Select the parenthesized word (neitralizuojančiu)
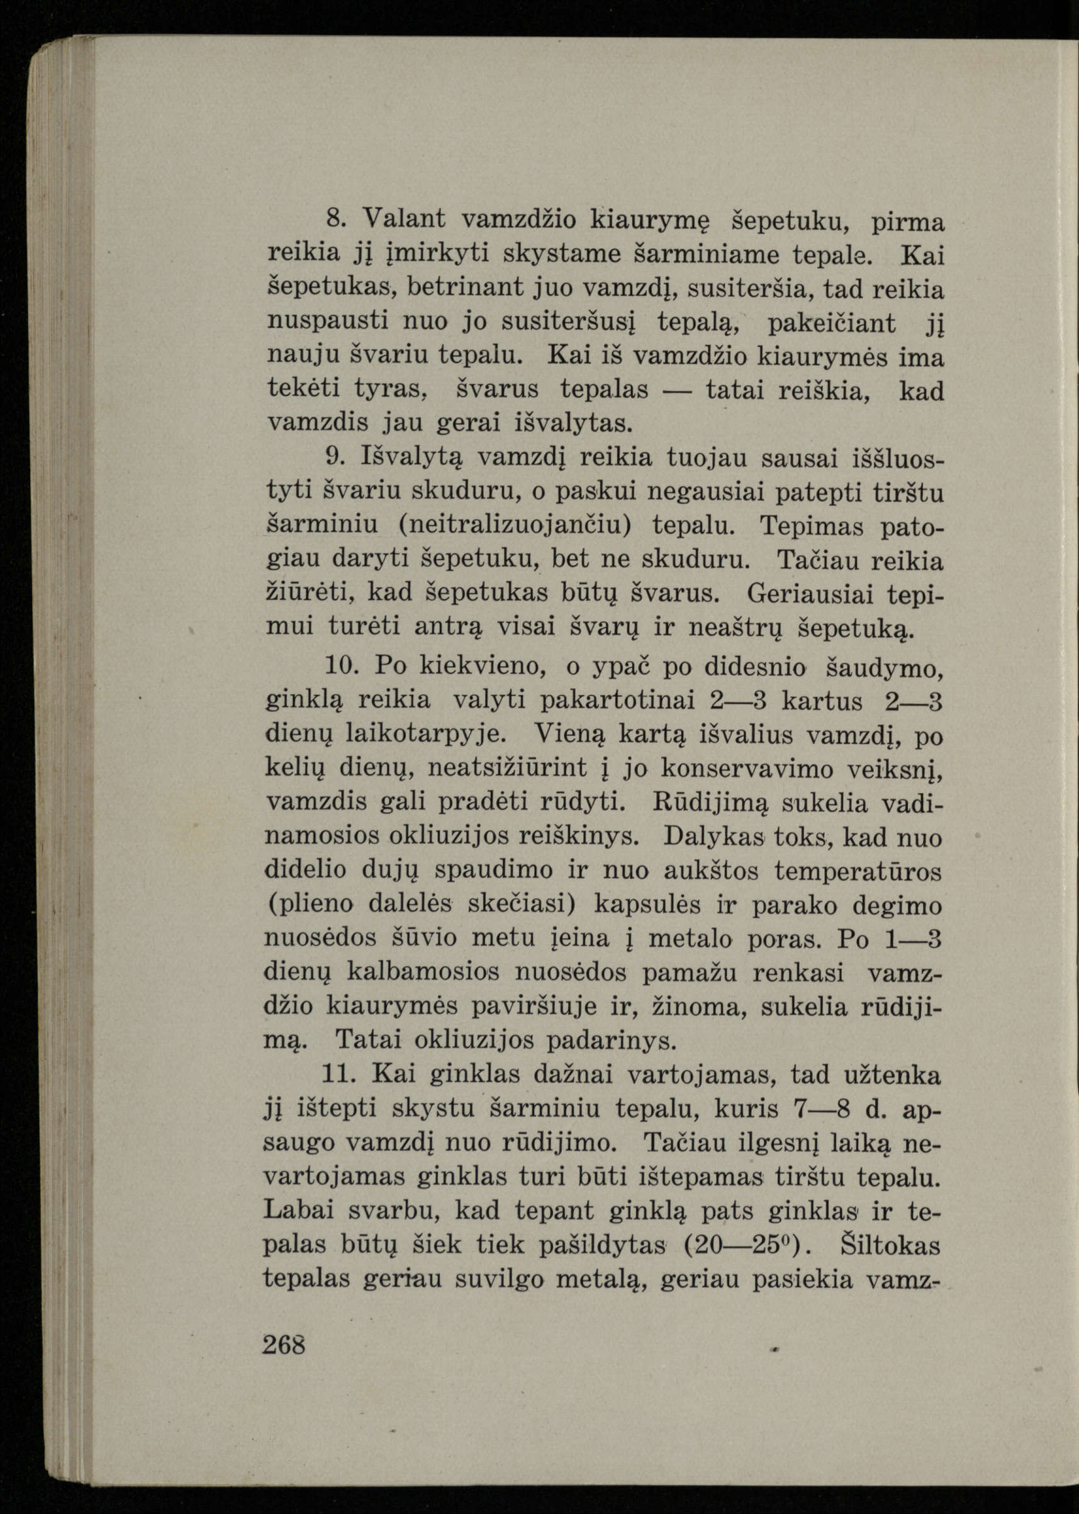pos(515,525)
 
